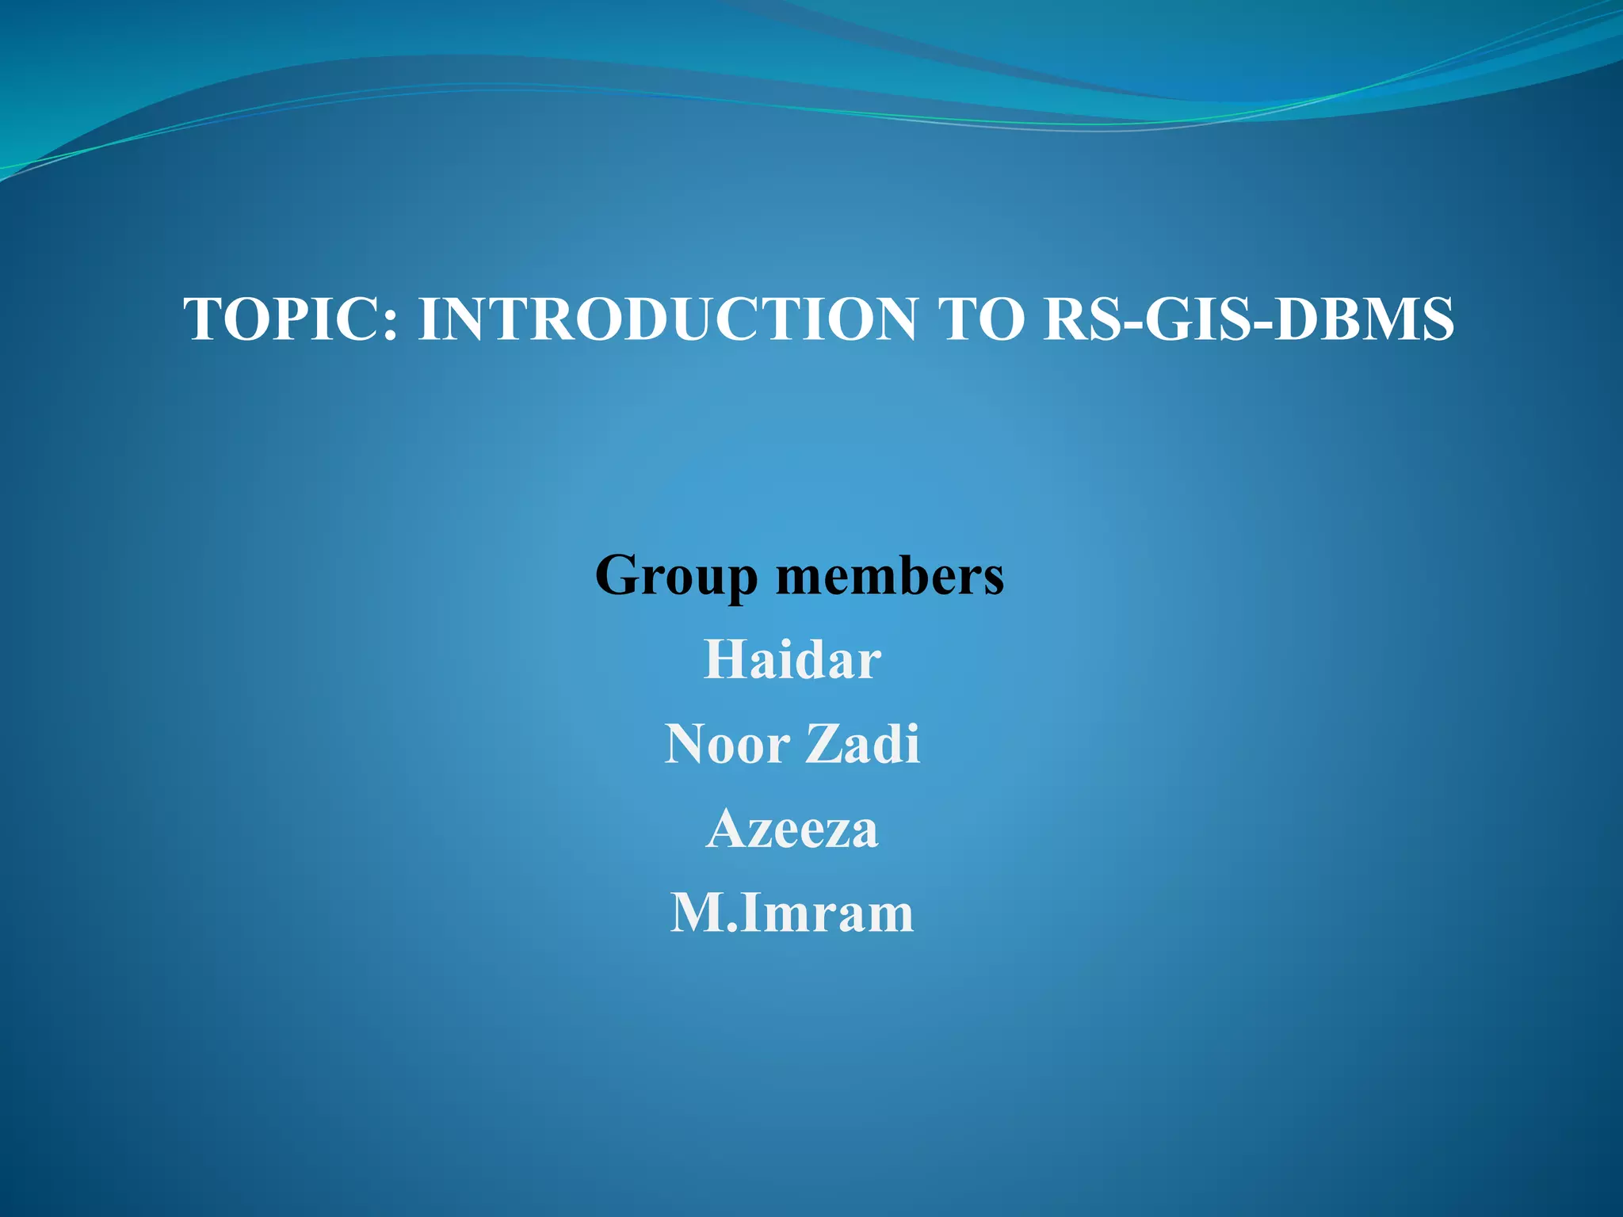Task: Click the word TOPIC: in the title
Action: (x=290, y=319)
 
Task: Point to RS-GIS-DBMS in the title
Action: (x=1248, y=319)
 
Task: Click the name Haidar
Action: (x=792, y=660)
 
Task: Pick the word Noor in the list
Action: (x=727, y=745)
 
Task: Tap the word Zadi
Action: (x=863, y=745)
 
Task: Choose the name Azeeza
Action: (x=792, y=830)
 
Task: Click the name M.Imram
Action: (x=792, y=914)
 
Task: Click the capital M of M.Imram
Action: (x=696, y=914)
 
